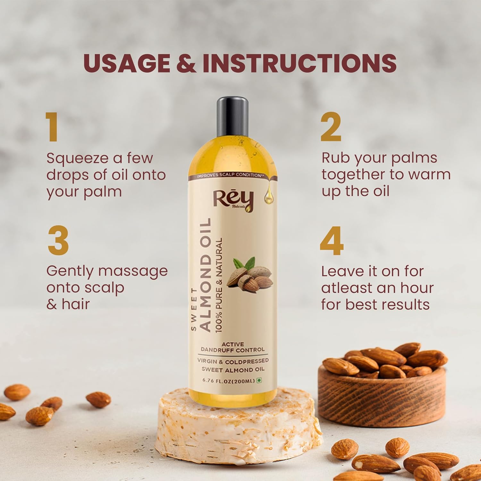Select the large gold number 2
tap(331, 127)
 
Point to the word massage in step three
tap(133, 271)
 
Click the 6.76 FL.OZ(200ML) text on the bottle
tap(228, 381)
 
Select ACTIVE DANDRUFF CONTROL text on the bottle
tap(233, 347)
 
